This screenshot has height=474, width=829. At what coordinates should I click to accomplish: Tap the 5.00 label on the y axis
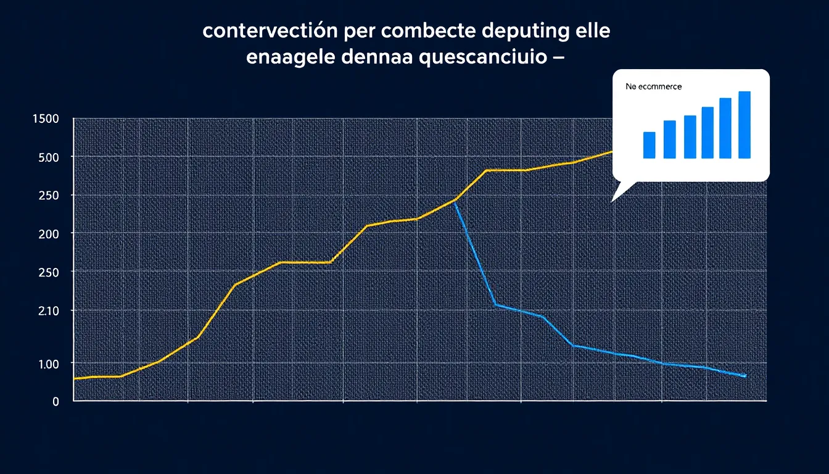pos(48,157)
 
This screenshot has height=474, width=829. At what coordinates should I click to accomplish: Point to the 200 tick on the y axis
pos(47,234)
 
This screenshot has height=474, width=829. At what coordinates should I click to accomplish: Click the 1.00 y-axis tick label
pos(48,364)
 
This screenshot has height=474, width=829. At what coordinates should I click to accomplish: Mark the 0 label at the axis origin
pos(56,401)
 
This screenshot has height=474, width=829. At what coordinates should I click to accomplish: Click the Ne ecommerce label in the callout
pos(653,87)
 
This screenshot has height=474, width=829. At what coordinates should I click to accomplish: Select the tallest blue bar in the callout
pos(744,125)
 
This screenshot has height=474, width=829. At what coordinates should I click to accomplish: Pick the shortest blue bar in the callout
pos(649,145)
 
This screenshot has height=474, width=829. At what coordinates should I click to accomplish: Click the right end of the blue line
pos(745,375)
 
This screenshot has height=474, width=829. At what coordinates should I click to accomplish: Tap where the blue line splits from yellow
pos(455,201)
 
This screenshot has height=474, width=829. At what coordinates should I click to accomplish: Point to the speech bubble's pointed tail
pos(613,199)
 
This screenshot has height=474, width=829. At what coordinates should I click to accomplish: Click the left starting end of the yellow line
pos(75,378)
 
